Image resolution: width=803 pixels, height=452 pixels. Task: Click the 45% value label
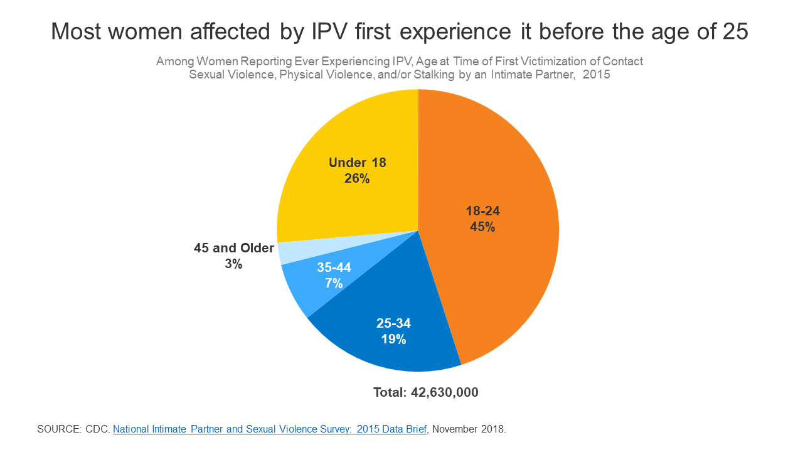pyautogui.click(x=482, y=227)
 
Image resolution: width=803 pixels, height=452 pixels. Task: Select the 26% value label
pyautogui.click(x=357, y=179)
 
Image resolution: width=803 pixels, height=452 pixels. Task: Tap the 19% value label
pyautogui.click(x=393, y=340)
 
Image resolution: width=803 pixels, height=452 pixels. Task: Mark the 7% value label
pyautogui.click(x=334, y=284)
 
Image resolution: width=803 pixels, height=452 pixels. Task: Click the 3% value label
pyautogui.click(x=233, y=264)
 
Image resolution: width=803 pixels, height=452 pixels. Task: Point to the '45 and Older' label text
pyautogui.click(x=234, y=248)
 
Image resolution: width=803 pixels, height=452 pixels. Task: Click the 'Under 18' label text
pyautogui.click(x=357, y=163)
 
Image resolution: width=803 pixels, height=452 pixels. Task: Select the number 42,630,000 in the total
pyautogui.click(x=445, y=392)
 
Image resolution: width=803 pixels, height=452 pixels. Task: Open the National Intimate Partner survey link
pyautogui.click(x=270, y=429)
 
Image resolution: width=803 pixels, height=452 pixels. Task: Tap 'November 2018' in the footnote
pyautogui.click(x=469, y=429)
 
